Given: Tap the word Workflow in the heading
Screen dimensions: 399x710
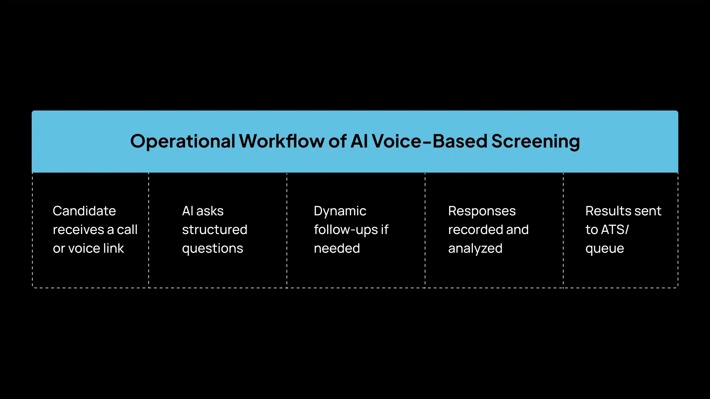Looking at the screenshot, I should pos(281,141).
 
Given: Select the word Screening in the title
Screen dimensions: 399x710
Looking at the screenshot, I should pos(535,141).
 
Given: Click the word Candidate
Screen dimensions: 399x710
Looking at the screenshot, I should pos(84,211).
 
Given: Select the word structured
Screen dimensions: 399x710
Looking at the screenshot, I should pos(215,230).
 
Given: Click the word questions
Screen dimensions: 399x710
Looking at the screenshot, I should pos(212,249).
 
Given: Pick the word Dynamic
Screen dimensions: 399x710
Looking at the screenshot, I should pos(340,211).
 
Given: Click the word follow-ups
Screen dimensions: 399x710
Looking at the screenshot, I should pos(345,230).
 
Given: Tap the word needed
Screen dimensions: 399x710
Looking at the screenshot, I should pos(337,248).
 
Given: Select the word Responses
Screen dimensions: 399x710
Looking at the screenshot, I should pos(482,211).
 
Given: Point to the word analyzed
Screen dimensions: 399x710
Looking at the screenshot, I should pos(475,249).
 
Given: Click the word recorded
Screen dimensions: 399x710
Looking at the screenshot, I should pos(475,230).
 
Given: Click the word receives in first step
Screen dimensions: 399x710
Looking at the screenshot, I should pos(78,230).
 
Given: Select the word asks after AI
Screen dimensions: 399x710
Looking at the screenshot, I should pos(210,211).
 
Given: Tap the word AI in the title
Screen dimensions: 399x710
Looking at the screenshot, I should pos(359,141).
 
